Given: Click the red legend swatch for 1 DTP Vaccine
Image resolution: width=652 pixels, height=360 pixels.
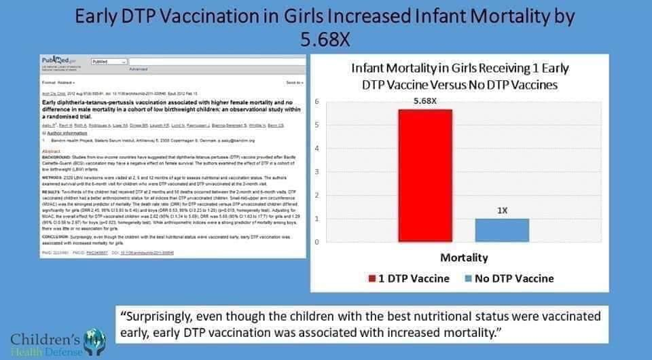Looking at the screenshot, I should (372, 278).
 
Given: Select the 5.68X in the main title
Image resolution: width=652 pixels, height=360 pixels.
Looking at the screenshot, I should (325, 39).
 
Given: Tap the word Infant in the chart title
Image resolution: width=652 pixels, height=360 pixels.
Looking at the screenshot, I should (371, 69).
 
